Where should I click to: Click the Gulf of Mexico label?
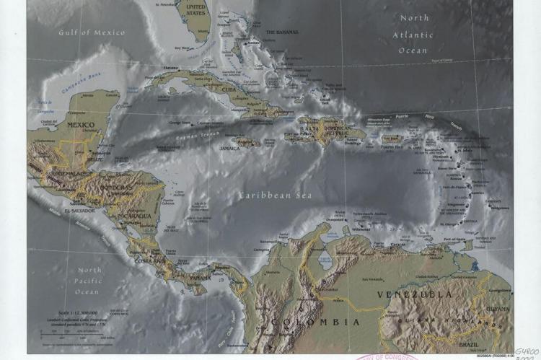pyautogui.click(x=92, y=32)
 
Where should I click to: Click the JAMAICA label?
pyautogui.click(x=229, y=148)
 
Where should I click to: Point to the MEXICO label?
pyautogui.click(x=81, y=124)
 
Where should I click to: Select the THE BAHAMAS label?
pyautogui.click(x=281, y=32)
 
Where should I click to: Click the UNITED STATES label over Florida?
pyautogui.click(x=195, y=9)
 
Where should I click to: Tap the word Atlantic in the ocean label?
pyautogui.click(x=413, y=35)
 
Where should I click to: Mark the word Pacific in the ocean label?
pyautogui.click(x=89, y=281)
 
